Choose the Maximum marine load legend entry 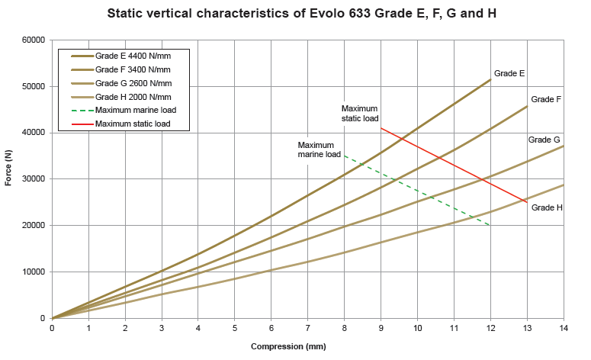136,111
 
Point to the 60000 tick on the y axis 33,40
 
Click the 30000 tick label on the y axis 33,179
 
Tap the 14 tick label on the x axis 564,328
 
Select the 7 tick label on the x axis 307,328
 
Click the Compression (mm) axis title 288,347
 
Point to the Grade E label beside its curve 509,74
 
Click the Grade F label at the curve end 546,100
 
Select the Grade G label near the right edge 544,140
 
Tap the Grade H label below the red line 547,207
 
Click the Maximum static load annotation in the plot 359,114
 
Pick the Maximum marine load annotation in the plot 319,149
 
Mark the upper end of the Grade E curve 490,79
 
